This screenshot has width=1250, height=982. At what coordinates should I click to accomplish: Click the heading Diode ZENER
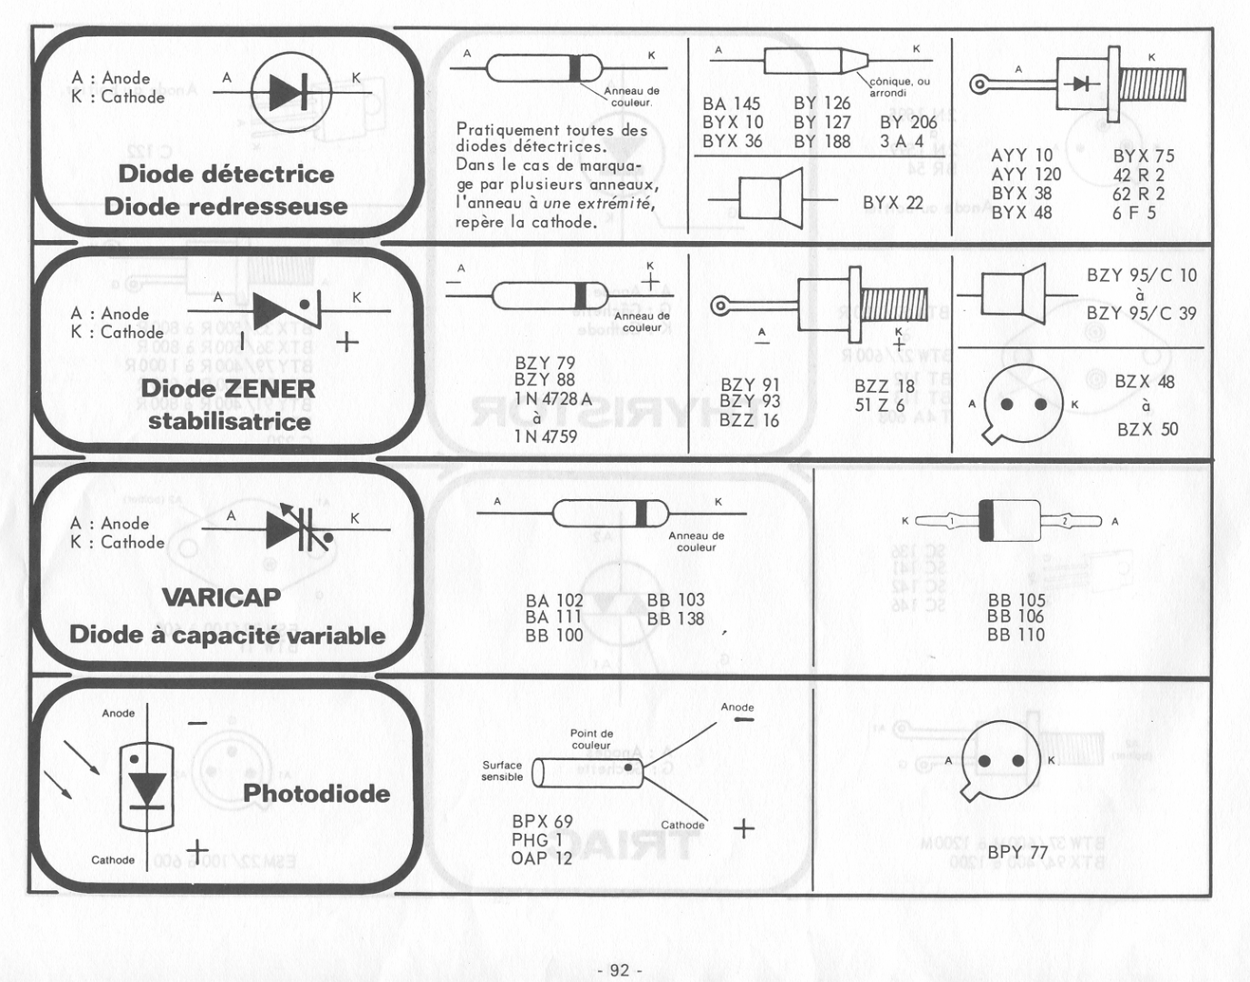click(x=227, y=388)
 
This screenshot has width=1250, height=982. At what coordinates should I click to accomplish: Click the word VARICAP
click(x=221, y=597)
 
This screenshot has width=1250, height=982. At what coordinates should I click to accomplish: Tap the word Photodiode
click(x=316, y=793)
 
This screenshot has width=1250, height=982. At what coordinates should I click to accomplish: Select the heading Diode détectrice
click(x=226, y=174)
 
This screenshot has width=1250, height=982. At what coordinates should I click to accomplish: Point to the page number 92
click(x=619, y=970)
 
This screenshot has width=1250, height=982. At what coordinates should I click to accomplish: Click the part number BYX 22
click(x=893, y=203)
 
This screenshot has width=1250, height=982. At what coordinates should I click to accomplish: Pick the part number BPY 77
click(x=1017, y=852)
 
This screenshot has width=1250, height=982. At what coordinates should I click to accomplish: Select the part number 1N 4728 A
click(x=553, y=398)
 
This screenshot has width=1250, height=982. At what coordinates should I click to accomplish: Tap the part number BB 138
click(x=675, y=618)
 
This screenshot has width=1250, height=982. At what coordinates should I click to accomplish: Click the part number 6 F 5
click(x=1134, y=213)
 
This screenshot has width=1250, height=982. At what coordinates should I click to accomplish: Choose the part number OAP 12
click(x=542, y=857)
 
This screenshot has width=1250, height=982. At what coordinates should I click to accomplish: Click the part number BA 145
click(x=731, y=104)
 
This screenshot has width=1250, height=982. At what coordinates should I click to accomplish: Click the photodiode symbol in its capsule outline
click(x=145, y=787)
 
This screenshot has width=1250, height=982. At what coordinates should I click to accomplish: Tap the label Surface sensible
click(x=503, y=771)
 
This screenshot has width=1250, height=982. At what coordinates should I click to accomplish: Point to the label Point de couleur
click(x=592, y=739)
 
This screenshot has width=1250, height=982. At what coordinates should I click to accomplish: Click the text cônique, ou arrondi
click(x=899, y=86)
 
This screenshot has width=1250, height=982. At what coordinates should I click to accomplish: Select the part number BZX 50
click(x=1147, y=429)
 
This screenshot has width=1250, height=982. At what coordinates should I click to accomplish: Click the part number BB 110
click(x=1016, y=635)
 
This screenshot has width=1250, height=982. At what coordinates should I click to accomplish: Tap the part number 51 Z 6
click(x=879, y=405)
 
